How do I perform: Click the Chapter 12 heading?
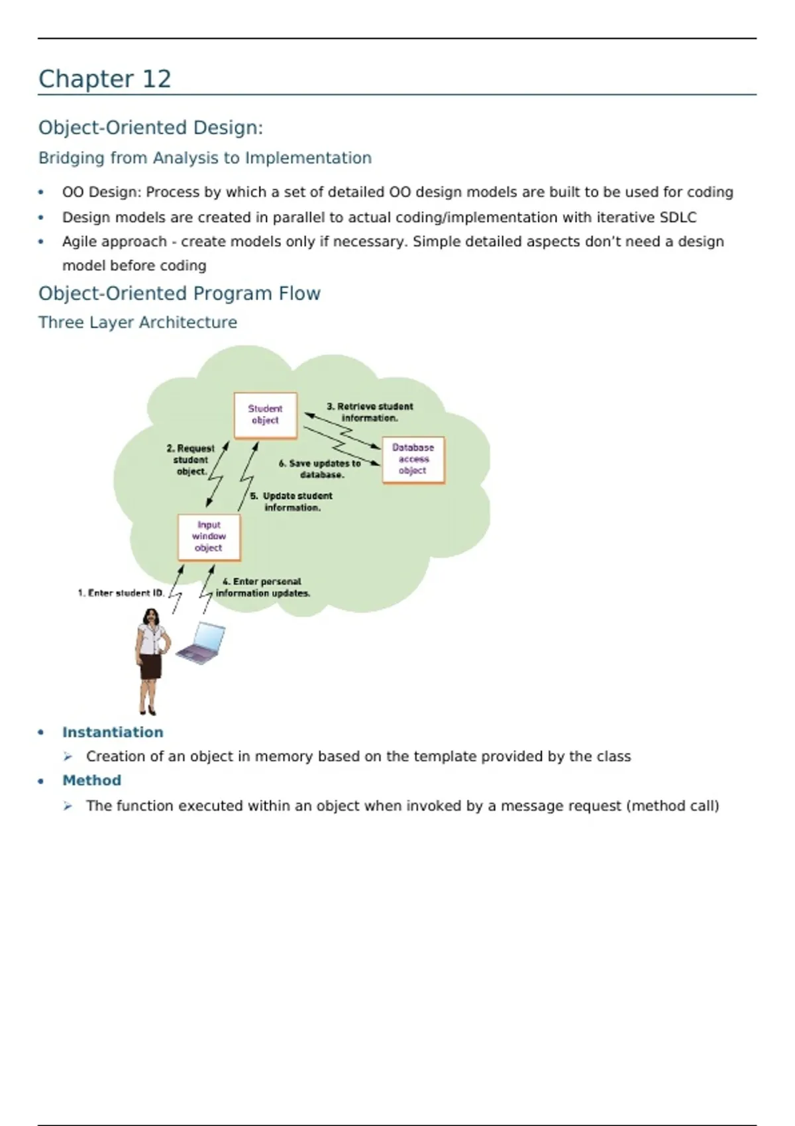(105, 79)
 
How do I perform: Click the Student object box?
(265, 415)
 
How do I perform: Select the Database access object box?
(413, 460)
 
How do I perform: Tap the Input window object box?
(209, 537)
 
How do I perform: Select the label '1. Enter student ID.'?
(121, 593)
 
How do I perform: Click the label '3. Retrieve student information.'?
(370, 412)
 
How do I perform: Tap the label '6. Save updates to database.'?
(320, 469)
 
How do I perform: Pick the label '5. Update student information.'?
(292, 501)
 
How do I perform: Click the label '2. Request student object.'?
(191, 460)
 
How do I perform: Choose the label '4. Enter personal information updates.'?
(262, 588)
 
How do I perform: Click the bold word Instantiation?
(113, 732)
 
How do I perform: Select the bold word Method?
(91, 780)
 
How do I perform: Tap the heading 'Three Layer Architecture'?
(138, 323)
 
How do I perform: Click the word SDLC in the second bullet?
(678, 217)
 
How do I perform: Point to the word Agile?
(79, 242)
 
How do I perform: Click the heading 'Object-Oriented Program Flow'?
(180, 293)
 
